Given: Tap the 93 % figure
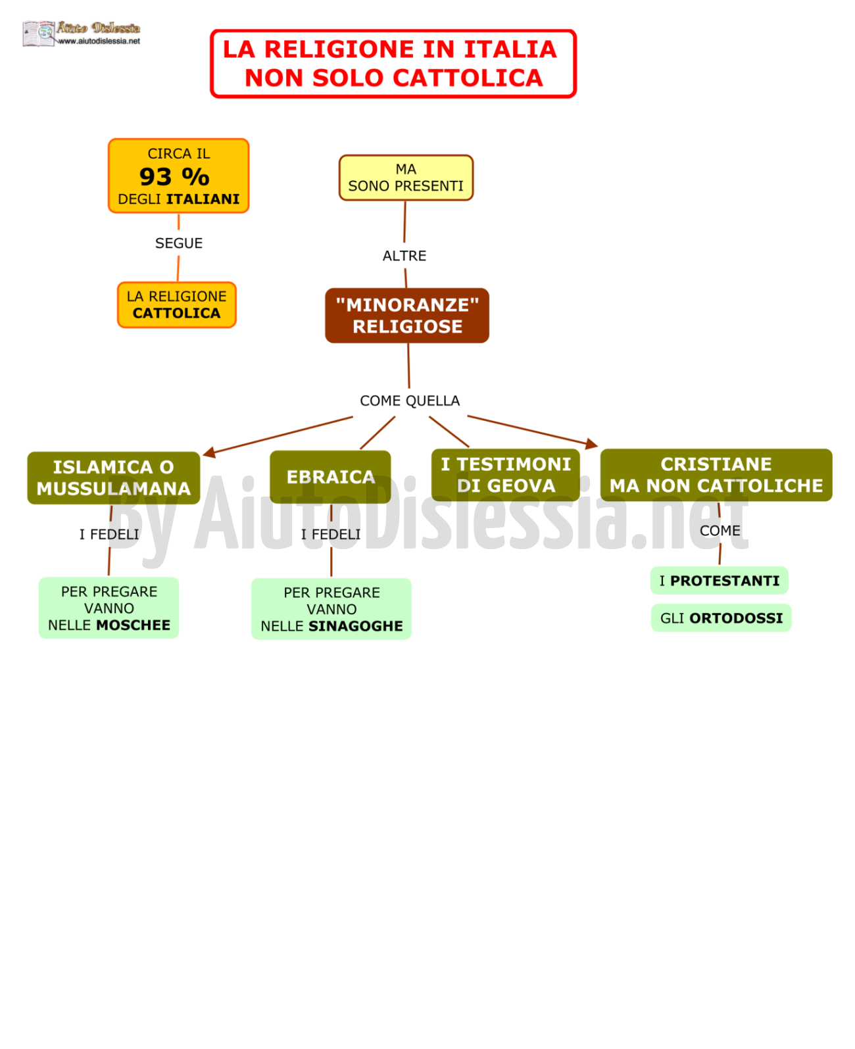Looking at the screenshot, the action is pyautogui.click(x=174, y=177).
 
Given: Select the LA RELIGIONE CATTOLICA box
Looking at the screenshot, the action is pyautogui.click(x=177, y=305).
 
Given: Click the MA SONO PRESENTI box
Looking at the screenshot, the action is pyautogui.click(x=406, y=178).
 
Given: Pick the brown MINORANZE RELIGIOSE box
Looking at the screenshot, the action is pyautogui.click(x=407, y=316).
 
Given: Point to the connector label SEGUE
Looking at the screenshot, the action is pyautogui.click(x=179, y=243).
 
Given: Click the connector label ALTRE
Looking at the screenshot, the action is pyautogui.click(x=404, y=256).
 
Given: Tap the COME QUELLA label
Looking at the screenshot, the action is pyautogui.click(x=410, y=401).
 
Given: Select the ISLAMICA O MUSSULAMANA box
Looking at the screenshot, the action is pyautogui.click(x=114, y=477).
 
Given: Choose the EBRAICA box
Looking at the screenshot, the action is pyautogui.click(x=330, y=477).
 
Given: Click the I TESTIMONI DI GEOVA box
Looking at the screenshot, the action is pyautogui.click(x=506, y=475).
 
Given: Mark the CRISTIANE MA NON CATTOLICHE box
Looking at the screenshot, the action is pyautogui.click(x=717, y=475).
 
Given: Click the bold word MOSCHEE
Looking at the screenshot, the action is pyautogui.click(x=134, y=625).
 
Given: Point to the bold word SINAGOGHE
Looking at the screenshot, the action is pyautogui.click(x=356, y=626).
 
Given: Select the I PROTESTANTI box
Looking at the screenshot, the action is pyautogui.click(x=720, y=581).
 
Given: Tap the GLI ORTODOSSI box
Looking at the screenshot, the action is pyautogui.click(x=721, y=618).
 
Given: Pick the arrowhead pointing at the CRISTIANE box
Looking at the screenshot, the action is pyautogui.click(x=591, y=444).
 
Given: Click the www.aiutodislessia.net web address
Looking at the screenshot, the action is pyautogui.click(x=99, y=41).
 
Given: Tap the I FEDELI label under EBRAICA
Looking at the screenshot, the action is pyautogui.click(x=331, y=534).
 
